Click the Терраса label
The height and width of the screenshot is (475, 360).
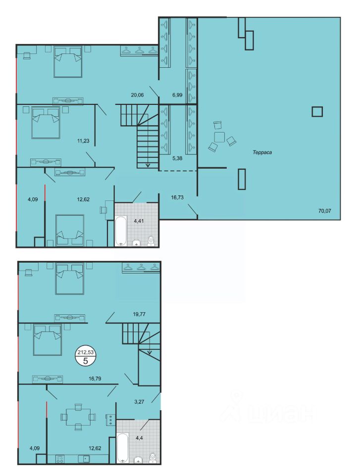point(262,152)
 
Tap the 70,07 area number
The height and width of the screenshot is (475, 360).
point(324,211)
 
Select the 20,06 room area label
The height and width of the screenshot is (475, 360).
point(137,95)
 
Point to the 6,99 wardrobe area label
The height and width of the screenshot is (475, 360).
point(177,95)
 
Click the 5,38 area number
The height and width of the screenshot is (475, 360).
point(177,158)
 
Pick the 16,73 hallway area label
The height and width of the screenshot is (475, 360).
point(177,197)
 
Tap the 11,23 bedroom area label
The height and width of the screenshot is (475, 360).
point(83,141)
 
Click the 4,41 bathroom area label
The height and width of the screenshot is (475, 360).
point(139,221)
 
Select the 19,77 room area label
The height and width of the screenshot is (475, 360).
point(139,314)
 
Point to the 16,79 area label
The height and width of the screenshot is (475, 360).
point(95,379)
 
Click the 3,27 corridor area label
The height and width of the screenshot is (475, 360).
point(139,402)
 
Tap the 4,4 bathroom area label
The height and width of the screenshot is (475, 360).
point(139,437)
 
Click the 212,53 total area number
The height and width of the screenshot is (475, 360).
point(85,352)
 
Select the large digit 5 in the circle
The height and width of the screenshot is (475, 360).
point(85,361)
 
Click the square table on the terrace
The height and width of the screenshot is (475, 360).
point(219,137)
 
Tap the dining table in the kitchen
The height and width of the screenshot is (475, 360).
point(78,417)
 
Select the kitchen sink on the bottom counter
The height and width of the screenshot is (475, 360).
point(84,459)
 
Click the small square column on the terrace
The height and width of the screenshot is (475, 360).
point(317,112)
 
